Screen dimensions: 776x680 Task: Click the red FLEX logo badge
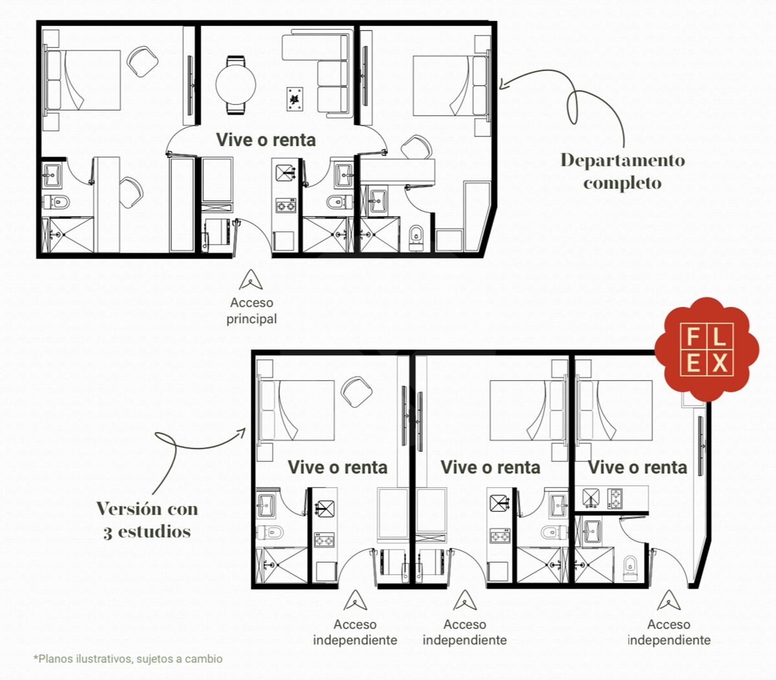(x=707, y=349)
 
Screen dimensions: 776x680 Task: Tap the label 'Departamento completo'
(x=622, y=171)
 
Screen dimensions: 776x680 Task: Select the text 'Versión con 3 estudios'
(x=147, y=520)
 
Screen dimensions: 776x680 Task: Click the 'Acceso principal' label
(x=252, y=310)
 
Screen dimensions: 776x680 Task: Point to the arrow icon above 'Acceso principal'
(x=251, y=280)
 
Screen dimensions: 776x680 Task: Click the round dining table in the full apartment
(x=235, y=84)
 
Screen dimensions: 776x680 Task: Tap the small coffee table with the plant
(x=295, y=99)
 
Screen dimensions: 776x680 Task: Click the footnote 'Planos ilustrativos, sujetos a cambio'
(x=127, y=658)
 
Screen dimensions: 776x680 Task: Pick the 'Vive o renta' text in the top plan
(x=266, y=140)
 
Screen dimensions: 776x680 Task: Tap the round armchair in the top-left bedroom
(x=142, y=61)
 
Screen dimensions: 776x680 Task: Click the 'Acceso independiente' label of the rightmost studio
(x=669, y=632)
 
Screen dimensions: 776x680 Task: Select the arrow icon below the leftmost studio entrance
(x=355, y=600)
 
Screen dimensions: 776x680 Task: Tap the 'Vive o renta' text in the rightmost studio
(x=638, y=467)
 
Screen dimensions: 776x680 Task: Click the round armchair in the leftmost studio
(x=356, y=391)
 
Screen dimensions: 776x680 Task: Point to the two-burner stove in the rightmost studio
(x=615, y=498)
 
